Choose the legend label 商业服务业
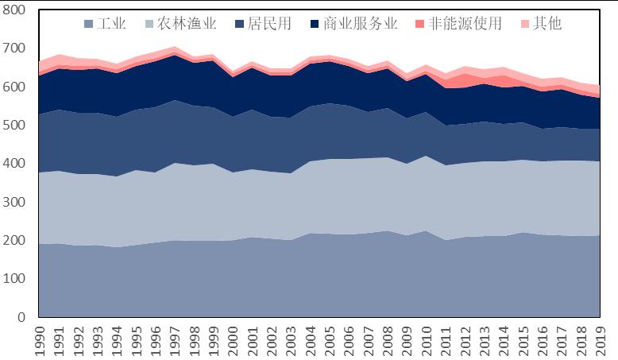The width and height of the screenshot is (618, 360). (361, 23)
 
